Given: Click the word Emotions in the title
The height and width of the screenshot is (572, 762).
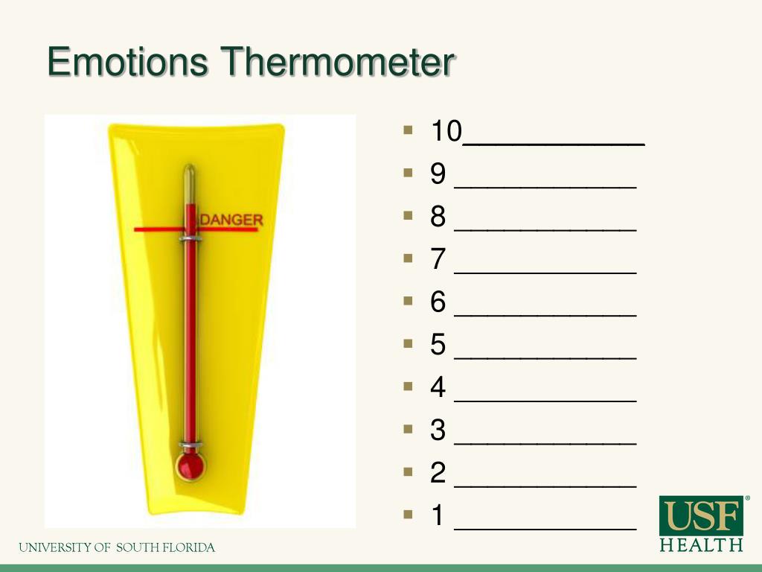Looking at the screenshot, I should pos(127,63).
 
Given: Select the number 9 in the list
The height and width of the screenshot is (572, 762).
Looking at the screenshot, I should pos(438,174).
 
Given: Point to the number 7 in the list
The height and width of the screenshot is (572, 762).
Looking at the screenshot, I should pos(438,260).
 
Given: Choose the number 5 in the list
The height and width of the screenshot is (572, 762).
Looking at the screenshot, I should pos(438,345).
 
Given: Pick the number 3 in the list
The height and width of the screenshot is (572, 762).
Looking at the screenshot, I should pos(438,430).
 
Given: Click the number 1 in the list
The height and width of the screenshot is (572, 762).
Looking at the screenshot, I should pos(438,515).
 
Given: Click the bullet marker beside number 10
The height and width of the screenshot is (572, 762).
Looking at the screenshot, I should pos(407,130).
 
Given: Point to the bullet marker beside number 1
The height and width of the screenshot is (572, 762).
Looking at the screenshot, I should pos(407,514).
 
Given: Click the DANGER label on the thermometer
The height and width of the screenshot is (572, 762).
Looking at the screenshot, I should pos(231,220).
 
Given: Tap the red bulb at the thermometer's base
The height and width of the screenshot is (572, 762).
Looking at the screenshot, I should pos(190,466).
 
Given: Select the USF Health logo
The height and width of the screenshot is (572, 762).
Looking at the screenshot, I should pos(702,524).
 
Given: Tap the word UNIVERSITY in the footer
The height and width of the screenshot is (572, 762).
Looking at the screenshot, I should pos(54,548).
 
